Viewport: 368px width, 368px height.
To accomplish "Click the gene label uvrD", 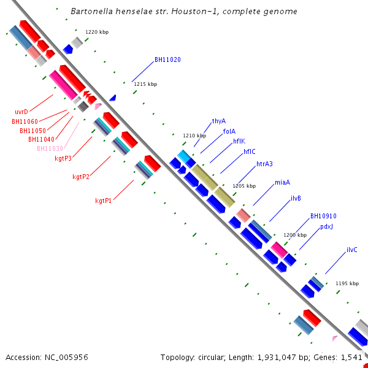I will [x=21, y=112].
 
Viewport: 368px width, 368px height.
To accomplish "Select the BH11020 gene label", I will [x=167, y=59].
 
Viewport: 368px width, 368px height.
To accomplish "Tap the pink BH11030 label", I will [x=50, y=148].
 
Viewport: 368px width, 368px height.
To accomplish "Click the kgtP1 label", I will [x=103, y=201].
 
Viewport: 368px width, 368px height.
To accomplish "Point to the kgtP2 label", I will [x=80, y=177].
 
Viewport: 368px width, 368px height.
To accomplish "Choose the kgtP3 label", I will [x=63, y=158].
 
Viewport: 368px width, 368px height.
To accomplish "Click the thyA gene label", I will [x=219, y=121].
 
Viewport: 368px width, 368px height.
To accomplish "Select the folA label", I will [x=229, y=131].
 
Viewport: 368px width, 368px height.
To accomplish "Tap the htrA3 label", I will [x=264, y=164].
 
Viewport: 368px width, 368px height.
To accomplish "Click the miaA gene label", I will [x=282, y=182].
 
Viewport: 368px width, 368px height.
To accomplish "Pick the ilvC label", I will [x=351, y=250].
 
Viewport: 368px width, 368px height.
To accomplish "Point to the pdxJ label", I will [x=326, y=227].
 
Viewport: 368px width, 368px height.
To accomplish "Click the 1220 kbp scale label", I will [x=96, y=31].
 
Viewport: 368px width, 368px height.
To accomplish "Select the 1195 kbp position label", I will [x=347, y=283].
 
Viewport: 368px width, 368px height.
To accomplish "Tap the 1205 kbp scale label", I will [x=243, y=186].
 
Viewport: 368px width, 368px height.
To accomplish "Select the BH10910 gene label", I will [x=323, y=216].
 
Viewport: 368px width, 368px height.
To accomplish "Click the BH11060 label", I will [x=25, y=121].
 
